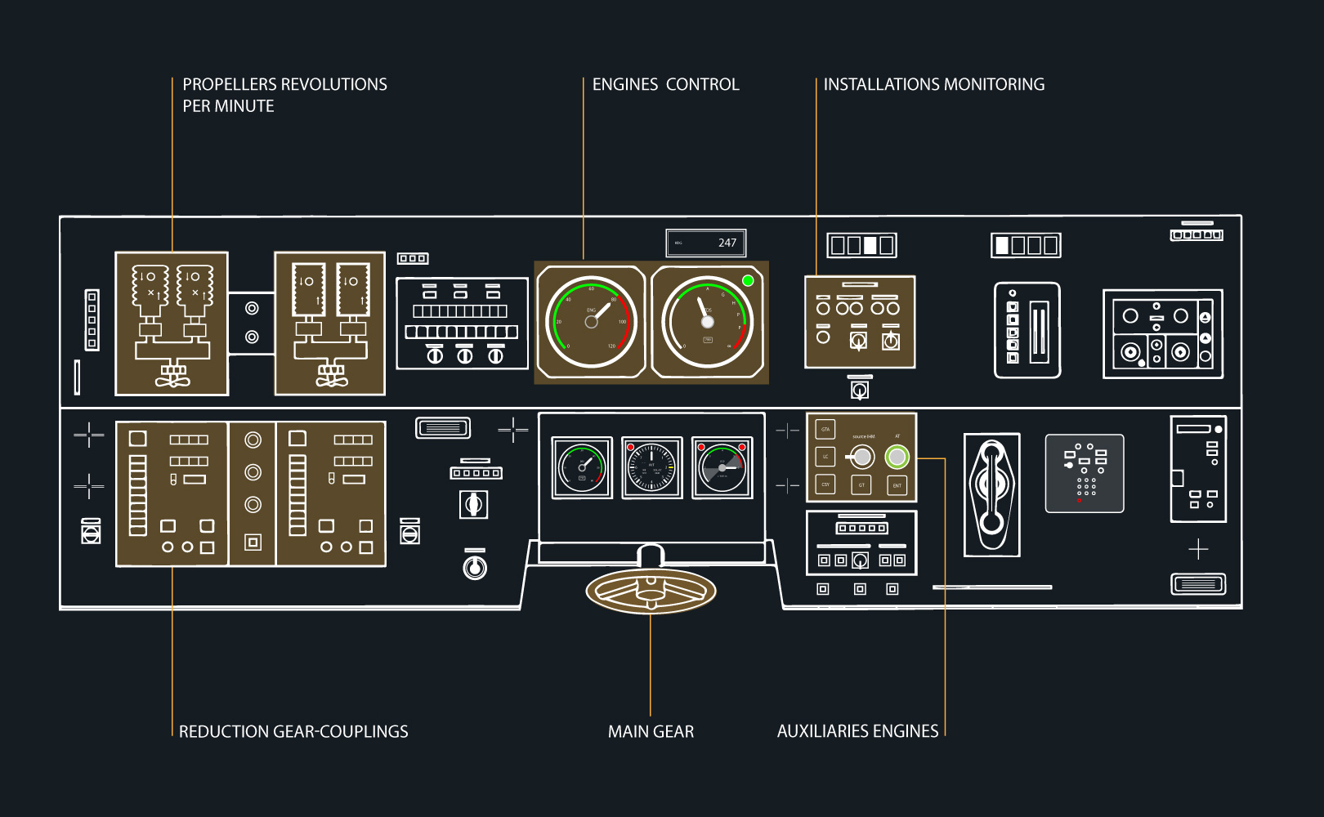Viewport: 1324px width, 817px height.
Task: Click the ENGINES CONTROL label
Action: (x=665, y=85)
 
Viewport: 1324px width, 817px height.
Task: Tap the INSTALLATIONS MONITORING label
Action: (x=933, y=85)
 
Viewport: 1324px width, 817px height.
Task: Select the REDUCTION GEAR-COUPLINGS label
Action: (x=293, y=732)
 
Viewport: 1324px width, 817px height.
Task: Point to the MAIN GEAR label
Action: (x=651, y=732)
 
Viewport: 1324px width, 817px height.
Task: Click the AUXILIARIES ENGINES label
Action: (x=857, y=731)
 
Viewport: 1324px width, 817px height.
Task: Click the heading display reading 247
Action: (x=706, y=243)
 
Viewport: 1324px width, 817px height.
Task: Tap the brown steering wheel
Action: (x=651, y=591)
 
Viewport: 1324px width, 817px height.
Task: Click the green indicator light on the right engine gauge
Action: (x=748, y=281)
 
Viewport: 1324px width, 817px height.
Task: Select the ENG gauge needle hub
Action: (x=591, y=322)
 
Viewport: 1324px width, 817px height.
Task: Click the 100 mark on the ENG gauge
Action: (x=622, y=322)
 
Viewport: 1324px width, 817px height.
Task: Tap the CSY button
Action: (x=825, y=484)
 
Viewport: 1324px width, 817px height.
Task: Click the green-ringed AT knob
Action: (x=897, y=458)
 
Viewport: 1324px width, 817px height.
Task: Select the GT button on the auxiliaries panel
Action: (x=861, y=485)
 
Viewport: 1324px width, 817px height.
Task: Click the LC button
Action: (x=825, y=457)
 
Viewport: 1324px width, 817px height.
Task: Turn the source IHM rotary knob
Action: (x=861, y=458)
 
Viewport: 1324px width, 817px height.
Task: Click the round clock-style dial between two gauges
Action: (x=651, y=468)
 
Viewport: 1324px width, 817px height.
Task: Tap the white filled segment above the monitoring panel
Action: (x=870, y=245)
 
